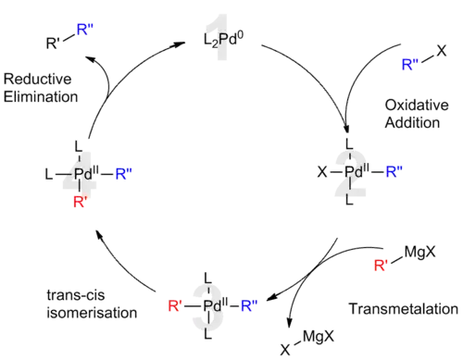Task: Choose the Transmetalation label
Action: point(405,308)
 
